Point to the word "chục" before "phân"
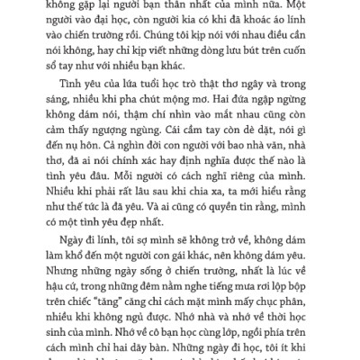[262, 327]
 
